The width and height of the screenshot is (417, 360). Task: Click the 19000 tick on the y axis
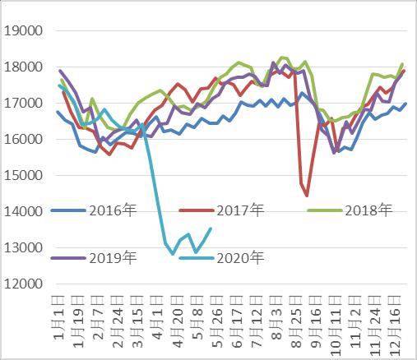pyautogui.click(x=24, y=31)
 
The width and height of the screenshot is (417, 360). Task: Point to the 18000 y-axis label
pyautogui.click(x=24, y=67)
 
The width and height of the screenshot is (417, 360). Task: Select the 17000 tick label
pyautogui.click(x=24, y=104)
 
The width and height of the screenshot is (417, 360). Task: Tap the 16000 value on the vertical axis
pyautogui.click(x=24, y=140)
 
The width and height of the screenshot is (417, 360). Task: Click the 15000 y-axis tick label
pyautogui.click(x=24, y=176)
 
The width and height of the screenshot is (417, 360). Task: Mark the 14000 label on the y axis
pyautogui.click(x=24, y=212)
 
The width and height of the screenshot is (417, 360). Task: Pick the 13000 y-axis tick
pyautogui.click(x=24, y=248)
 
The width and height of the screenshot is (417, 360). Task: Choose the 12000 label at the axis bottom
pyautogui.click(x=24, y=284)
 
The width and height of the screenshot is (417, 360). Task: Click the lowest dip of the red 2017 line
pyautogui.click(x=308, y=196)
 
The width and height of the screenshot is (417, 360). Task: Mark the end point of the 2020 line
pyautogui.click(x=211, y=228)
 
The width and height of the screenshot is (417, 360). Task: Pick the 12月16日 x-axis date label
pyautogui.click(x=399, y=324)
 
